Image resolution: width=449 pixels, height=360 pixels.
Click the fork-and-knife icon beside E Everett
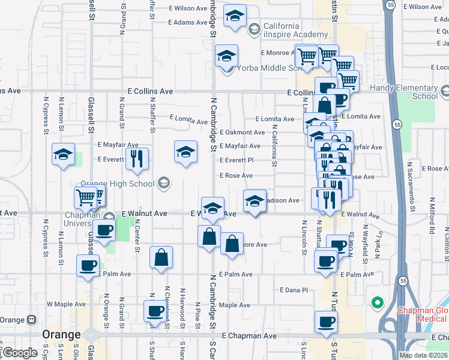tap(136, 158)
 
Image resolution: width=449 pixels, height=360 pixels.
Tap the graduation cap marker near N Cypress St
tap(64, 155)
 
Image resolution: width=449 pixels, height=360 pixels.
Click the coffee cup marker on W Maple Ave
tap(155, 311)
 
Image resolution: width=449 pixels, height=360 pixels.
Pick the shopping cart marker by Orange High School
tap(86, 196)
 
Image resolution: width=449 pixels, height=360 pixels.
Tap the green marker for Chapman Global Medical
tap(378, 302)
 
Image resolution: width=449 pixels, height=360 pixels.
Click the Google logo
tap(20, 353)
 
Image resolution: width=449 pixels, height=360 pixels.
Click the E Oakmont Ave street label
tap(242, 133)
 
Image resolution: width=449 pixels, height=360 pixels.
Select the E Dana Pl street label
tap(294, 290)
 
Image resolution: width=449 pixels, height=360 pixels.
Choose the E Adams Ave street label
tap(188, 23)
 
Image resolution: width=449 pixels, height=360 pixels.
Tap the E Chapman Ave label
tap(249, 336)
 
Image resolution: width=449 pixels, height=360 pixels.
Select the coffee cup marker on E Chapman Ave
tap(326, 321)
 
